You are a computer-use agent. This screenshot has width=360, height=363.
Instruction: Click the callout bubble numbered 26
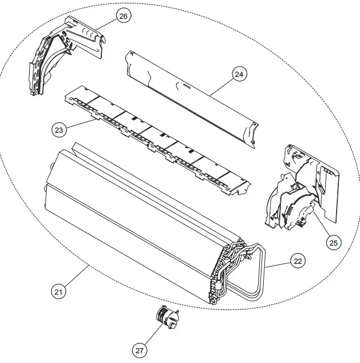(123, 16)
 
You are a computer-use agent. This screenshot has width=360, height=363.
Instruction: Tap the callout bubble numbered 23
(58, 130)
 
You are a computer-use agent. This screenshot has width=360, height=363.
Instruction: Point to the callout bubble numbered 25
(333, 242)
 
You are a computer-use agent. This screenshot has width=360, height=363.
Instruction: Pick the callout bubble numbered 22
(297, 262)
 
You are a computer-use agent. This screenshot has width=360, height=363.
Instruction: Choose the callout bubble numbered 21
(58, 292)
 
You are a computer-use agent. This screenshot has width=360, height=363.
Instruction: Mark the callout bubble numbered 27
(140, 351)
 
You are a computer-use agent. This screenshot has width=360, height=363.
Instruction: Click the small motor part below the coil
(166, 316)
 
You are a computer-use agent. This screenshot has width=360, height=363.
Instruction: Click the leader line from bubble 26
(108, 24)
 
